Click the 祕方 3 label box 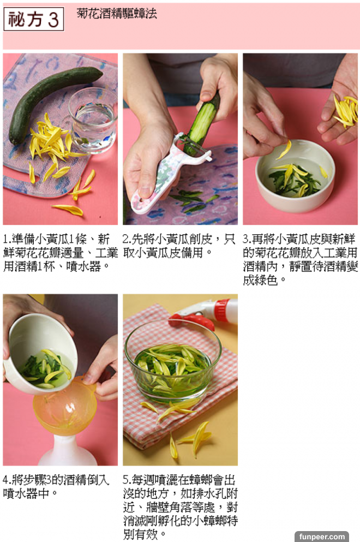[x=33, y=19]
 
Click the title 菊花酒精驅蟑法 [x=117, y=14]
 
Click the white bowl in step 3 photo [x=296, y=176]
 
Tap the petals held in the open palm [x=345, y=111]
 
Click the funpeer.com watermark [x=322, y=537]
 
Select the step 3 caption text [x=300, y=260]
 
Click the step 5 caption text [x=180, y=507]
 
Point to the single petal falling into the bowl [x=284, y=150]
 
